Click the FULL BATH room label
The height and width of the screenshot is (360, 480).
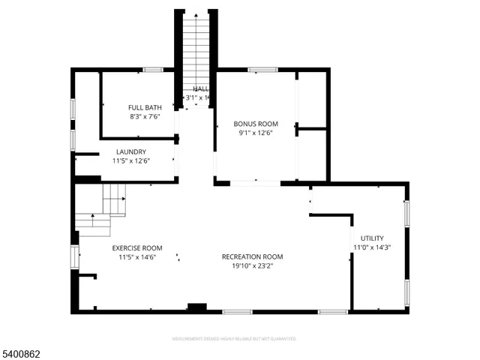click(145, 107)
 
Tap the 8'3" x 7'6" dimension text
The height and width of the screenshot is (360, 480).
click(145, 117)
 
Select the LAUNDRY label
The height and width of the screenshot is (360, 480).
click(130, 151)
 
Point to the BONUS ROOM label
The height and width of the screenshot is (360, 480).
click(255, 124)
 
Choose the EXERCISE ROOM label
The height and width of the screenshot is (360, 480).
click(137, 247)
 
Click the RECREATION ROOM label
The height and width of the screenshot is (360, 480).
click(252, 256)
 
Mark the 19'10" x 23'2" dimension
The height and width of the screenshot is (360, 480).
click(252, 266)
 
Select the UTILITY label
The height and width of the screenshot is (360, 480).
click(371, 238)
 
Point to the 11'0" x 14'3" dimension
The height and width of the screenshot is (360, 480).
click(372, 247)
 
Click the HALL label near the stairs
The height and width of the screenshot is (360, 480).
click(200, 89)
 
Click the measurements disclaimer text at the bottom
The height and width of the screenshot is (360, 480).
click(233, 339)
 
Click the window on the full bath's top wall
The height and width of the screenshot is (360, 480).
click(153, 70)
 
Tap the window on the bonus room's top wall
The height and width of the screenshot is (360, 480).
click(262, 70)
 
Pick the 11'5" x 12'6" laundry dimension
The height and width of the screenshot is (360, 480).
click(131, 160)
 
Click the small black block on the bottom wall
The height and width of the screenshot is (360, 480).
click(196, 307)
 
